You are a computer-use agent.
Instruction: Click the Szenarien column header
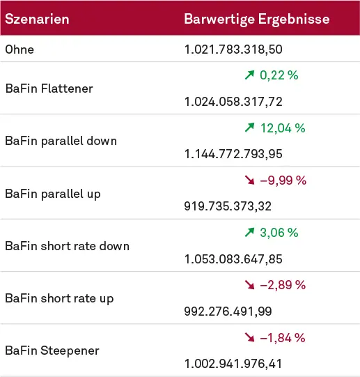pyautogui.click(x=37, y=19)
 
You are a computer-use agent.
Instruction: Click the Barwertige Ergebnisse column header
pyautogui.click(x=256, y=19)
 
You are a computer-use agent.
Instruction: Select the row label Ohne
pyautogui.click(x=19, y=49)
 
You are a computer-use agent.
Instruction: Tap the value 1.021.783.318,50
pyautogui.click(x=233, y=49)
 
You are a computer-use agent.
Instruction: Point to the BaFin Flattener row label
pyautogui.click(x=49, y=89)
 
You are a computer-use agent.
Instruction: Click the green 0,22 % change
pyautogui.click(x=279, y=75)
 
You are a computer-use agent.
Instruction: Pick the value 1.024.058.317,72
pyautogui.click(x=233, y=102)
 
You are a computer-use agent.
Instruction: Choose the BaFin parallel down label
pyautogui.click(x=61, y=141)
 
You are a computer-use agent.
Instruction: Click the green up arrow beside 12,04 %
pyautogui.click(x=250, y=128)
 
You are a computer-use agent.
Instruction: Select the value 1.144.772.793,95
pyautogui.click(x=233, y=154)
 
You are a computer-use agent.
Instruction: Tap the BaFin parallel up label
pyautogui.click(x=53, y=193)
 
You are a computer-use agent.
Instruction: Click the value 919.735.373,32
pyautogui.click(x=228, y=206)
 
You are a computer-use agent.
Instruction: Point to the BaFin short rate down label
pyautogui.click(x=67, y=245)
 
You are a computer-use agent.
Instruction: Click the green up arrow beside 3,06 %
pyautogui.click(x=250, y=233)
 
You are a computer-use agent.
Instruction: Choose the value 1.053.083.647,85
pyautogui.click(x=233, y=259)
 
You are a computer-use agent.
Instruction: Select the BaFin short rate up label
pyautogui.click(x=59, y=298)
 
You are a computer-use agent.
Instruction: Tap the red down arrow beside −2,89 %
pyautogui.click(x=250, y=285)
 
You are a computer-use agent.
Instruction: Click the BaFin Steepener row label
pyautogui.click(x=52, y=351)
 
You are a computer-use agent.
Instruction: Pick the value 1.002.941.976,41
pyautogui.click(x=233, y=364)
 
